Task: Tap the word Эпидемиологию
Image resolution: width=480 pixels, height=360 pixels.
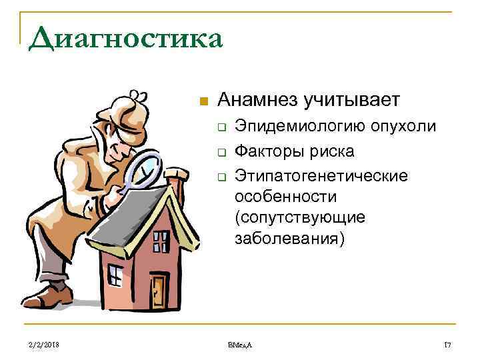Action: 291,127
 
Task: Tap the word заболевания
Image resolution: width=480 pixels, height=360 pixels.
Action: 289,239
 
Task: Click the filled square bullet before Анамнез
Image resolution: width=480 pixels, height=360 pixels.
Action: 204,102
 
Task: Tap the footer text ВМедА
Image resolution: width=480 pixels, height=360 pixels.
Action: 240,343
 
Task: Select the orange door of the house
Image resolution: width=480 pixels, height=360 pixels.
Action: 159,291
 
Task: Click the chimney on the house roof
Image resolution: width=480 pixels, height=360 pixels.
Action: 175,182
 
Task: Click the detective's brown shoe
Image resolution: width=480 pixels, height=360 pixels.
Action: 52,294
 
